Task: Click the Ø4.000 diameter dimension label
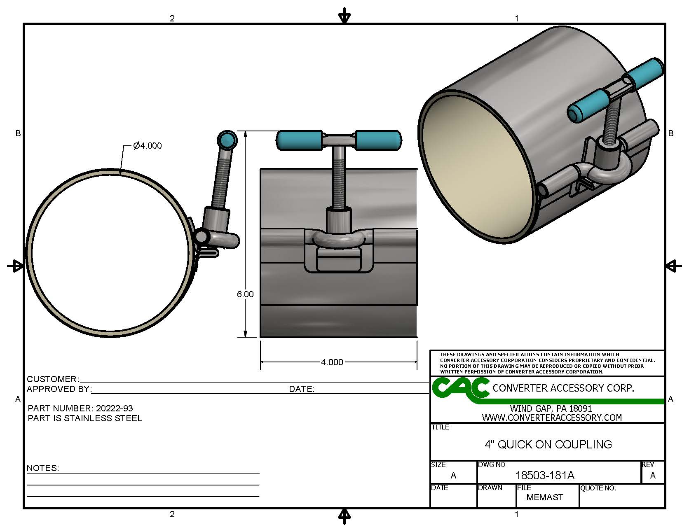pyautogui.click(x=148, y=146)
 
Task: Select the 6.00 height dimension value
pyautogui.click(x=245, y=294)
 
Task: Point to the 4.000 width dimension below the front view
pyautogui.click(x=332, y=362)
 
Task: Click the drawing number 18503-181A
pyautogui.click(x=545, y=476)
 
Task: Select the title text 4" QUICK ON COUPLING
pyautogui.click(x=548, y=445)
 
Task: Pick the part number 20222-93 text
pyautogui.click(x=114, y=408)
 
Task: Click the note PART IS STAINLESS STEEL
pyautogui.click(x=85, y=418)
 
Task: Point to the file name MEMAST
pyautogui.click(x=545, y=497)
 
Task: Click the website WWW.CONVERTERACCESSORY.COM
pyautogui.click(x=552, y=418)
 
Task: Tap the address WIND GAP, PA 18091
pyautogui.click(x=551, y=408)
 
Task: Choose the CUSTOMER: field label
pyautogui.click(x=53, y=379)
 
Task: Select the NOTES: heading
pyautogui.click(x=43, y=468)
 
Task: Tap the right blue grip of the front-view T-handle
pyautogui.click(x=377, y=140)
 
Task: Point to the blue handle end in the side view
pyautogui.click(x=226, y=140)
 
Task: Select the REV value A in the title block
pyautogui.click(x=653, y=476)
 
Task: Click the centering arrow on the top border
pyautogui.click(x=344, y=17)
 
